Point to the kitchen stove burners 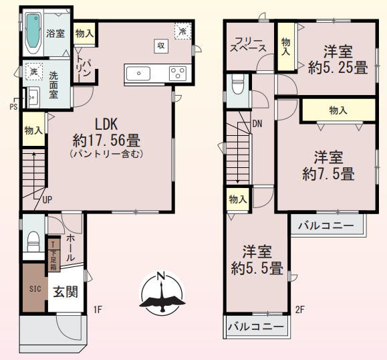point(178,72)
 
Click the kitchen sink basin point(138,72)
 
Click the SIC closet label point(35,289)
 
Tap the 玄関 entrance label point(66,291)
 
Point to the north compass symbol point(160,293)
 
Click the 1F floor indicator point(98,308)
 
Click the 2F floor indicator point(300,308)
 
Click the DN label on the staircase point(257,123)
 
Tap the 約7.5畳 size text point(328,174)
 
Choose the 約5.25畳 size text point(338,67)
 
